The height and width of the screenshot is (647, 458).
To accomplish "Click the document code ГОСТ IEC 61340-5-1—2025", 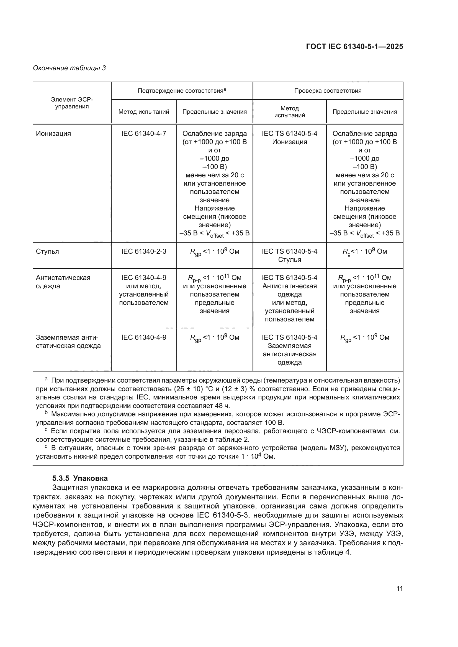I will tap(354, 46).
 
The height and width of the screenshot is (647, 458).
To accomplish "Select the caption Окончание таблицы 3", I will tap(70, 68).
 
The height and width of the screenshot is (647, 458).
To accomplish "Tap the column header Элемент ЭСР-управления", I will tap(72, 103).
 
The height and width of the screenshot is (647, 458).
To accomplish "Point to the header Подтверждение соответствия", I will tap(182, 90).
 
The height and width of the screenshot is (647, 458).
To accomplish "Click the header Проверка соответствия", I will tap(328, 91).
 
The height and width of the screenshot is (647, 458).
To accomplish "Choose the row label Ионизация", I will tap(54, 134).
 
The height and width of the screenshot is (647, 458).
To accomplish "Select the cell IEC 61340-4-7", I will tap(144, 134).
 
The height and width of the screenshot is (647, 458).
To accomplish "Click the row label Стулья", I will tap(47, 251).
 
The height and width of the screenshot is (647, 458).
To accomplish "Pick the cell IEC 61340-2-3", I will tap(144, 251).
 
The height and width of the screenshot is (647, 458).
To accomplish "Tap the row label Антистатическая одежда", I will tap(63, 282).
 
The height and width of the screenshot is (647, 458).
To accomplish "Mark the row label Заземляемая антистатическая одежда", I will tap(68, 342).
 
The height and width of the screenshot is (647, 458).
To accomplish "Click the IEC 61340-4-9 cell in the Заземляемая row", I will tap(144, 337).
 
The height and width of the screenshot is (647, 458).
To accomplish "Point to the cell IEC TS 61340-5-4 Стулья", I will tap(289, 255).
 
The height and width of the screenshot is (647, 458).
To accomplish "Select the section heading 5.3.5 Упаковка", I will tap(80, 478).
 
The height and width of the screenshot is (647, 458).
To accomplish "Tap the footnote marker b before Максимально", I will tap(46, 413).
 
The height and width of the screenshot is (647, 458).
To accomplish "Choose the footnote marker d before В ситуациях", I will tap(46, 447).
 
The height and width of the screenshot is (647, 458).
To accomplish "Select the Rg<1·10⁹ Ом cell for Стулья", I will tap(364, 251).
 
